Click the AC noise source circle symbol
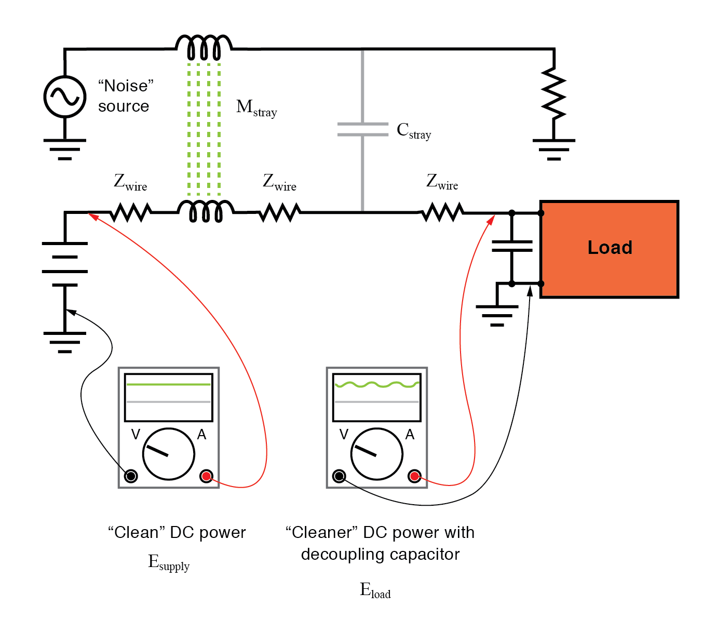pos(65,97)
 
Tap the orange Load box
pos(609,249)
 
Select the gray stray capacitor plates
pos(362,129)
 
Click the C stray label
pos(413,131)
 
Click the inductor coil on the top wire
pos(204,48)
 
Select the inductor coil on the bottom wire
pos(206,211)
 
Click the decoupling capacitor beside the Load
pos(512,246)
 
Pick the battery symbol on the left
pos(65,264)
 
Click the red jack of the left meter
pos(207,476)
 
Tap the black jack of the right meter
pos(339,476)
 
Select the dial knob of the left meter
pos(168,454)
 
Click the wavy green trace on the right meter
pos(376,385)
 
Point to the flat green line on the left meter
pos(168,385)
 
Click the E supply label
pos(169,562)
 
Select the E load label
pos(375,590)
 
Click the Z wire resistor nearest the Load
pos(442,212)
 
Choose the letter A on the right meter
pos(410,435)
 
